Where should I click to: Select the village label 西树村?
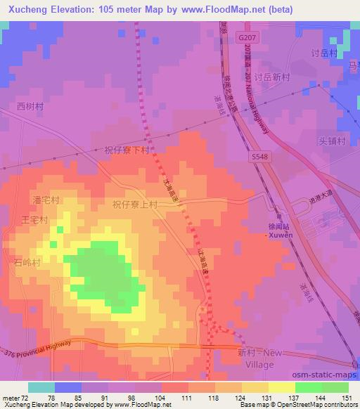[x=30, y=107]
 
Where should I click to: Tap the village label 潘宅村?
[x=46, y=200]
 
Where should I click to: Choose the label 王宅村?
[x=33, y=220]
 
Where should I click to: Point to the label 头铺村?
[x=333, y=141]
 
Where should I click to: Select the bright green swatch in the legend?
[x=308, y=387]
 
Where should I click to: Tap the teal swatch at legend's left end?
[x=41, y=387]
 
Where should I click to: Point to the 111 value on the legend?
[x=188, y=398]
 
